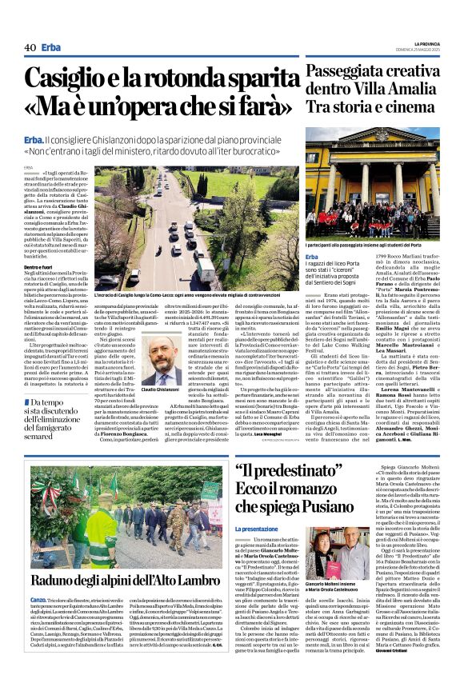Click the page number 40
click(30, 47)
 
